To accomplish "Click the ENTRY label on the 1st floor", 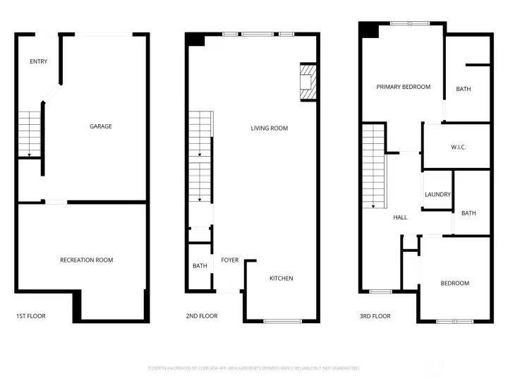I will click(x=39, y=61).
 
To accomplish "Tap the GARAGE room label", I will click(x=100, y=126).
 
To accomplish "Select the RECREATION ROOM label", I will click(x=86, y=260).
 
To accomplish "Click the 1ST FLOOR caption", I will click(x=30, y=316).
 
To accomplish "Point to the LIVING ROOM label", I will click(x=269, y=128).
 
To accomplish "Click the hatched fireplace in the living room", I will click(x=308, y=83).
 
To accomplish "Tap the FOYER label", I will click(x=229, y=260).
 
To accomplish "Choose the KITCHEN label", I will click(x=281, y=278).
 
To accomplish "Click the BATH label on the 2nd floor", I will click(x=200, y=266).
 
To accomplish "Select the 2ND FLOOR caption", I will click(x=202, y=316).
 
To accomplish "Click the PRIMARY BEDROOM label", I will click(x=403, y=87).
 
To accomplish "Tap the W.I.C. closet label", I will click(x=459, y=147).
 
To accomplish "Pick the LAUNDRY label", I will click(x=437, y=195).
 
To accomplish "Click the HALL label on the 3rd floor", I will click(x=400, y=217).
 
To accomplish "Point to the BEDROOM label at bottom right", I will click(x=454, y=283).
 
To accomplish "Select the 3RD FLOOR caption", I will click(x=375, y=316).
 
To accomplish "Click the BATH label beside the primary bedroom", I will click(x=463, y=89).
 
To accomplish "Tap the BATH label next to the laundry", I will click(x=468, y=213).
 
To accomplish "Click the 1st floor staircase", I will click(x=29, y=133).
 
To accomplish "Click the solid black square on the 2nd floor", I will click(x=195, y=40).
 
